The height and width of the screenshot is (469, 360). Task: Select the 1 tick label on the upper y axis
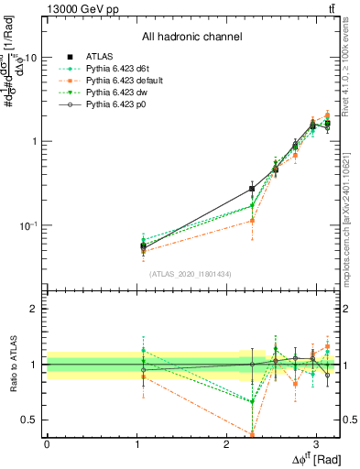pyautogui.click(x=34, y=141)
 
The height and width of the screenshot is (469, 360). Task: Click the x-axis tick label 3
pyautogui.click(x=315, y=444)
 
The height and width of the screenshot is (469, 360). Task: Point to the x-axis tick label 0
pyautogui.click(x=47, y=444)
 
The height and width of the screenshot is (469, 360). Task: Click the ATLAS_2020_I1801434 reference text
pyautogui.click(x=190, y=274)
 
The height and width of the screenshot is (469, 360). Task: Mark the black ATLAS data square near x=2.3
pyautogui.click(x=252, y=189)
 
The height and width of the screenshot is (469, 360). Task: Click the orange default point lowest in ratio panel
pyautogui.click(x=252, y=433)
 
